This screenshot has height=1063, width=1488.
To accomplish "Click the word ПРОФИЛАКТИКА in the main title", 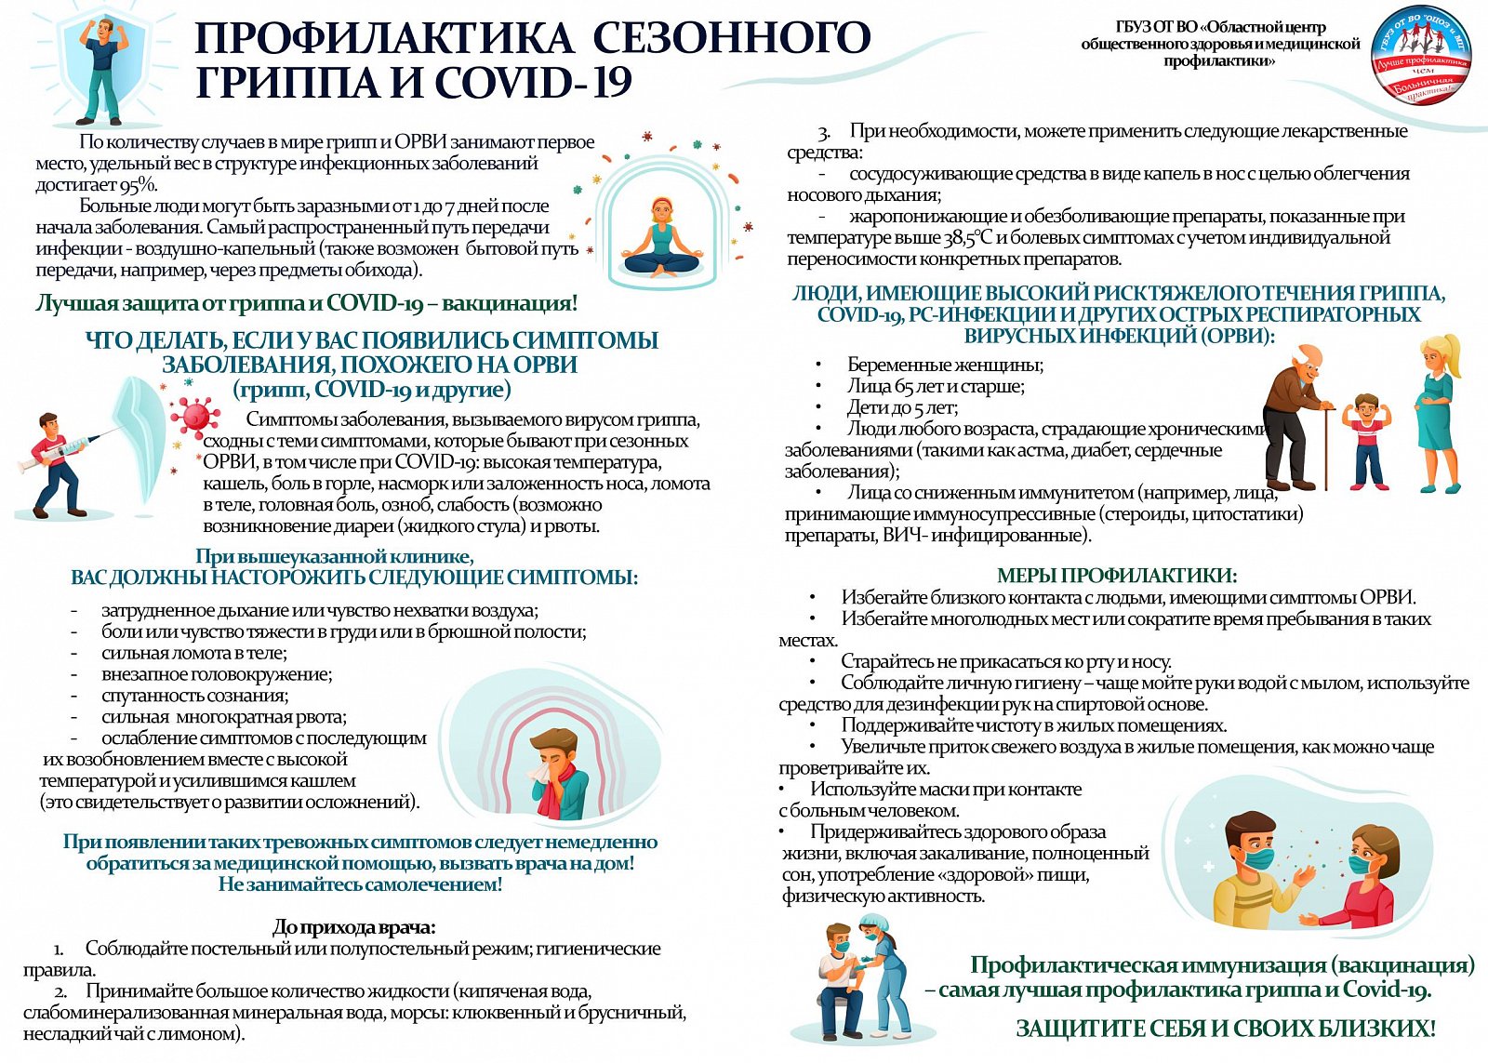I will pyautogui.click(x=383, y=38).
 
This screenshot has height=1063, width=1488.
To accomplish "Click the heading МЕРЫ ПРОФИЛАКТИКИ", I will pyautogui.click(x=1116, y=576).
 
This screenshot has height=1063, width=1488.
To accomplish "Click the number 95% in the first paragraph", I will pyautogui.click(x=139, y=184).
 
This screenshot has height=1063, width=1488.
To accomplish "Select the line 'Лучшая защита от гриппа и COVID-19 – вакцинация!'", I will pyautogui.click(x=307, y=303).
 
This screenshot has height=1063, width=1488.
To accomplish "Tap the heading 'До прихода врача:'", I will pyautogui.click(x=354, y=926).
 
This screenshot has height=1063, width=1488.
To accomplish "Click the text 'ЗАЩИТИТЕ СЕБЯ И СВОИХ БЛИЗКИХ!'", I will pyautogui.click(x=1225, y=1029).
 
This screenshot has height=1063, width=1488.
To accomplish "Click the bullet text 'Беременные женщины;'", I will pyautogui.click(x=945, y=365).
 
